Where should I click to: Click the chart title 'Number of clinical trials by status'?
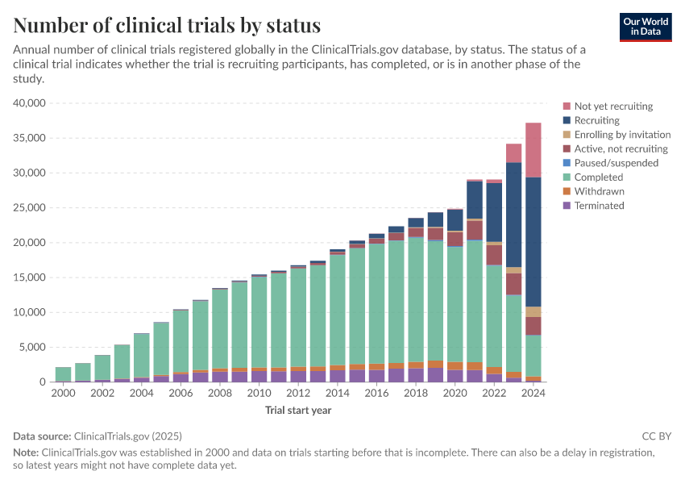pos(167,25)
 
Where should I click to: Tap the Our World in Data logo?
pos(646,27)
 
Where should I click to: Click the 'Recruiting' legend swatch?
pos(567,120)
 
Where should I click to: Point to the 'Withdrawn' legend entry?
pos(599,191)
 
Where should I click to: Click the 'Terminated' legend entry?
pos(599,206)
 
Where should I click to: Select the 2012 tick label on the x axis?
pos(298,394)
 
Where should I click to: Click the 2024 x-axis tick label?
pos(533,394)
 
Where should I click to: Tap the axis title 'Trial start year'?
pos(298,410)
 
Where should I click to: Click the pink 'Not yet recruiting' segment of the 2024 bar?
pos(533,149)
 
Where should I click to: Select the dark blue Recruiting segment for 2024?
pos(533,242)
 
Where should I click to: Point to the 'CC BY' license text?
pos(657,436)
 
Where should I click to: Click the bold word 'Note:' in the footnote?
pos(26,453)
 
